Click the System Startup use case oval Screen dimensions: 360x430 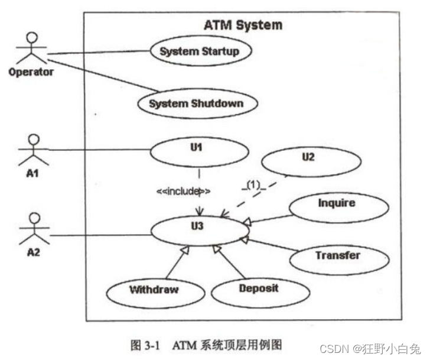point(199,51)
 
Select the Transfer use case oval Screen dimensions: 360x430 point(337,257)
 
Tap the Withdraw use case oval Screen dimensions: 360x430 point(154,289)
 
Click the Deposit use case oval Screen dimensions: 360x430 point(259,288)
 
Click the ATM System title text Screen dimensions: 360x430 point(243,25)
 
